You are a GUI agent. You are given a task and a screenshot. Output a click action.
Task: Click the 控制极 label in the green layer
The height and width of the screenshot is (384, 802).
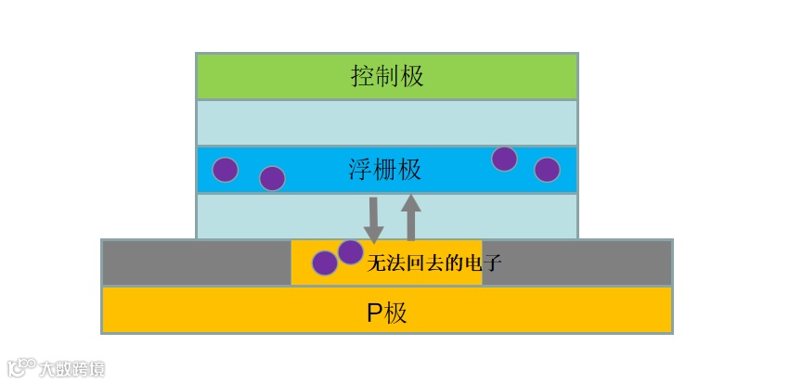point(387,76)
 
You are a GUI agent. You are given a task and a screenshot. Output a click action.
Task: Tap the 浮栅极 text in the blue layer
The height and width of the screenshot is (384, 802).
point(385,170)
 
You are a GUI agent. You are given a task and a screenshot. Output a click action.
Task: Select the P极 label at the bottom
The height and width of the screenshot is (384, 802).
point(387,313)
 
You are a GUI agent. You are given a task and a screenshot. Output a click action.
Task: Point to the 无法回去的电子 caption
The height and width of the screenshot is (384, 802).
point(434,263)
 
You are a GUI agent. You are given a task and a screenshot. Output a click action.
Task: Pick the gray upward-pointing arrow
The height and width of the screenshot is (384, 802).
point(411,217)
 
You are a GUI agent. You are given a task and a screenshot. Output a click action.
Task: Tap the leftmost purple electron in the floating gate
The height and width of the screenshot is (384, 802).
point(226,170)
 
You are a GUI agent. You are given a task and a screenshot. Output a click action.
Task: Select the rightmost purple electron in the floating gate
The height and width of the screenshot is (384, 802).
point(548,170)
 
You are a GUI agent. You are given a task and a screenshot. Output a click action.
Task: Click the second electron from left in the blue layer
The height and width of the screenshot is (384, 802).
point(272,178)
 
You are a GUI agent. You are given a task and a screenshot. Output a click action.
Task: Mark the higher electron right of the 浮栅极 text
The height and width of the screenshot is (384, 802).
point(504,159)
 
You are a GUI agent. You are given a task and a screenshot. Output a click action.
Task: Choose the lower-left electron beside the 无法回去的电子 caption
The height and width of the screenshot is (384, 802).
point(325,263)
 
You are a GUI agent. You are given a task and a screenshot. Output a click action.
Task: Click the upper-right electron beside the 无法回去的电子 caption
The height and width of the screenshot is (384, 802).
point(350,252)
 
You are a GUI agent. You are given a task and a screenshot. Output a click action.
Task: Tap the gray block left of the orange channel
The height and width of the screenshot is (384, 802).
point(196,262)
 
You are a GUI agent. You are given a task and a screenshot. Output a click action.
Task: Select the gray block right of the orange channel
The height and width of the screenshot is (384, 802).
point(576,262)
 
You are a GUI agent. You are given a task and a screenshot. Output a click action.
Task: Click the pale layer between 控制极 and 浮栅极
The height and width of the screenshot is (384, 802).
point(387,122)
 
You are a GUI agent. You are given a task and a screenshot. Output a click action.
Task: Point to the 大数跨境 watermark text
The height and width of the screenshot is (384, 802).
point(71,369)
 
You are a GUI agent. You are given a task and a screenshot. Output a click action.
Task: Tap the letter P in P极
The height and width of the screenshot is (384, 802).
point(375,314)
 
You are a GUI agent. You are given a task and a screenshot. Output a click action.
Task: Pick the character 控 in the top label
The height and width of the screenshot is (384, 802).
point(363,76)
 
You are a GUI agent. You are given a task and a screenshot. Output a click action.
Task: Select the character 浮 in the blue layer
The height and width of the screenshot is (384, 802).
point(360,170)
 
